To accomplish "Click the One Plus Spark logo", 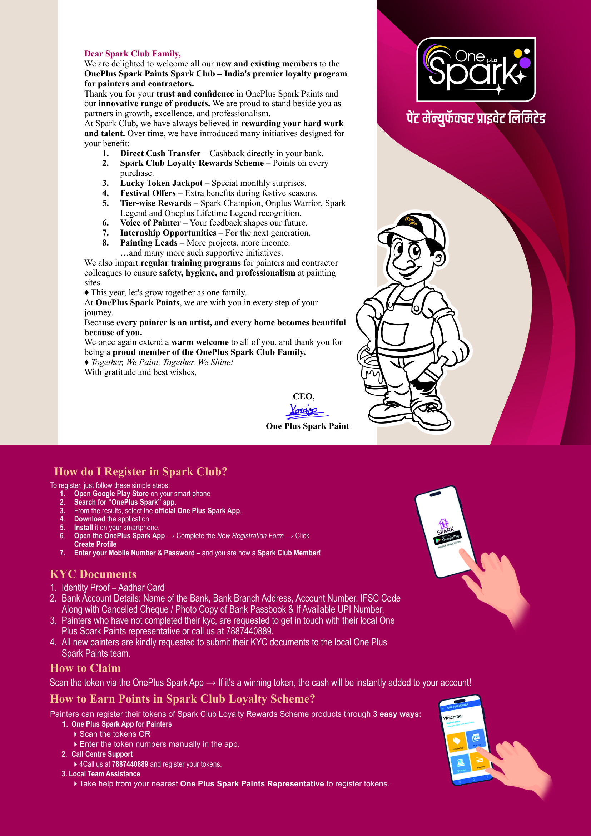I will (476, 69).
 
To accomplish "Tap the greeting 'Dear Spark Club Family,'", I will (133, 54).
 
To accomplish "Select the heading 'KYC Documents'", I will (93, 574).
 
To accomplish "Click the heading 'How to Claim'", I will (85, 668).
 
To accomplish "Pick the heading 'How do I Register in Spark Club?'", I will (141, 471).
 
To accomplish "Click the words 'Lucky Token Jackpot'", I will (161, 183).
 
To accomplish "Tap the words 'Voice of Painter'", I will (150, 223).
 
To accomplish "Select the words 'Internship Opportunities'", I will (168, 233).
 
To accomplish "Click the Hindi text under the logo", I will (476, 119).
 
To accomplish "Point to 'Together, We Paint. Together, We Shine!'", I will (162, 362).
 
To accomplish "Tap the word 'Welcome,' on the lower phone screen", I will (452, 717).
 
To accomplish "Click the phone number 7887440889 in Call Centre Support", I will (130, 764).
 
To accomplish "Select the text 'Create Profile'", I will (95, 544).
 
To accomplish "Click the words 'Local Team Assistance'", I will (104, 774).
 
